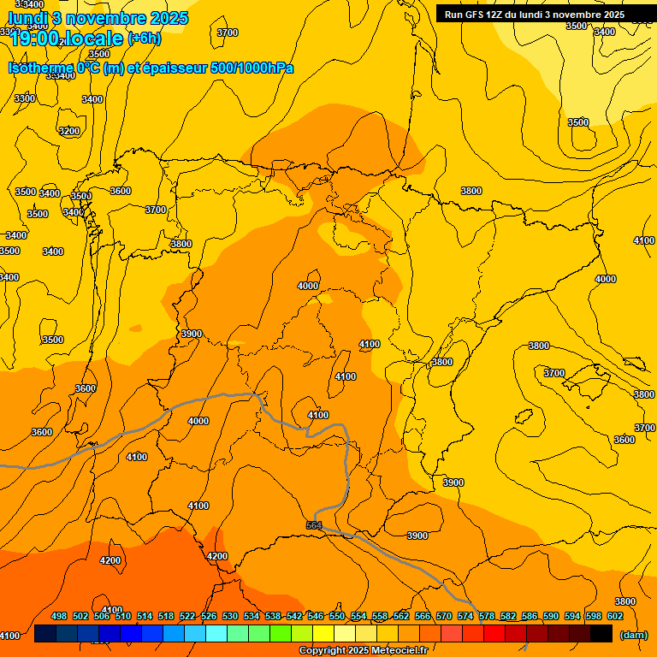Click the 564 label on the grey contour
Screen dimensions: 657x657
pos(314,525)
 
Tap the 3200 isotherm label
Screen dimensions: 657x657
pos(69,131)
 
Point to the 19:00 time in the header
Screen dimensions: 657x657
pos(34,38)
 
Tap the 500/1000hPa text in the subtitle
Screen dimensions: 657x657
pos(252,68)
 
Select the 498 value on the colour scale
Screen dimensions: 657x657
pos(59,616)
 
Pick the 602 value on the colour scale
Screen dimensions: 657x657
pos(615,616)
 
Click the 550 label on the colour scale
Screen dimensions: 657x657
pos(337,616)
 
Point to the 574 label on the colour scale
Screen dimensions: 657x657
pos(465,616)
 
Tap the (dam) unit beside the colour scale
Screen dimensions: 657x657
pos(634,634)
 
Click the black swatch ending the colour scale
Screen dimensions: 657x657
pos(601,634)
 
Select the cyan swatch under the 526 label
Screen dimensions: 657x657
pos(216,634)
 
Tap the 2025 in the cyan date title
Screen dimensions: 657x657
pos(169,18)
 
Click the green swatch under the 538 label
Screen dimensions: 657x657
pos(281,634)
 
